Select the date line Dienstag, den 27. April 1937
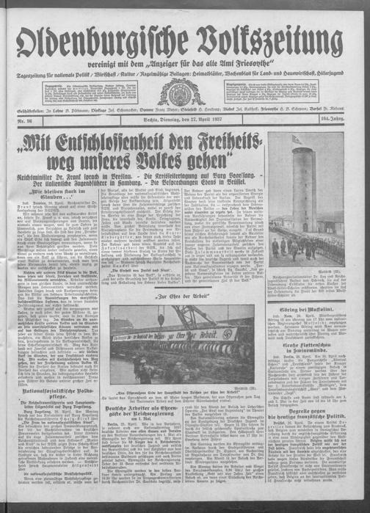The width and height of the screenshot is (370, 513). point(186,117)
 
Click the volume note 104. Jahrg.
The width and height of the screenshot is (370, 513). point(344,117)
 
